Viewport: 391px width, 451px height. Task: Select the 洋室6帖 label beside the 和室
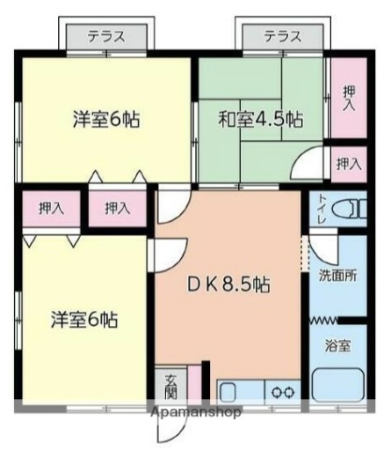pos(106,120)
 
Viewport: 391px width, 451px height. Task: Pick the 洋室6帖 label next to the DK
pos(83,319)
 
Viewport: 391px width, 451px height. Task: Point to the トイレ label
pos(323,208)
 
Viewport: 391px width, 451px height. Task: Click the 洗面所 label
pos(337,277)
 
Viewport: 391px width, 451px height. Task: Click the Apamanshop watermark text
pos(195,412)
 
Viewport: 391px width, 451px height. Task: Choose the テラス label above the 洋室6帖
pos(108,38)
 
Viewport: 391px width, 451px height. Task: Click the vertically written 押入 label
pos(349,98)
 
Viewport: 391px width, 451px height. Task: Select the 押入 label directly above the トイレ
pos(348,163)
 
